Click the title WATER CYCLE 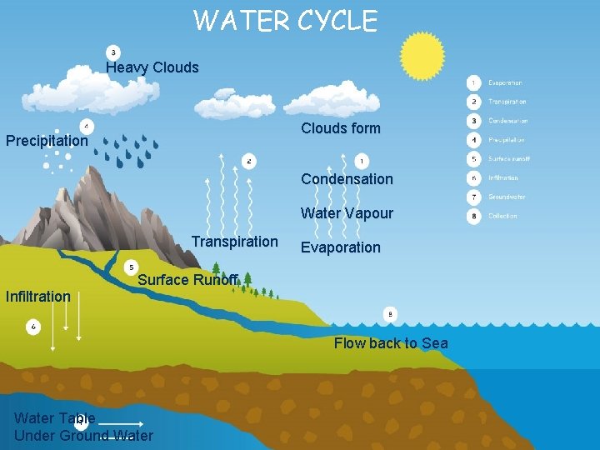[x=285, y=20]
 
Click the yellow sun [x=422, y=56]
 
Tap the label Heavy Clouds [x=152, y=67]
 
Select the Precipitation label [x=47, y=141]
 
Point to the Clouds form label [x=340, y=128]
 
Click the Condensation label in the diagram [x=347, y=179]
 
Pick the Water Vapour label [x=347, y=213]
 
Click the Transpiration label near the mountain [x=234, y=242]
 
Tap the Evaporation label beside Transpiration [x=340, y=247]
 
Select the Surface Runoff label [x=187, y=280]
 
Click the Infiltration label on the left [x=37, y=296]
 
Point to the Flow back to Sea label [x=391, y=343]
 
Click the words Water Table [x=54, y=417]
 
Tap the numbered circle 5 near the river [x=131, y=267]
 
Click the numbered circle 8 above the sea [x=390, y=314]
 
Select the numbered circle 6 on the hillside [x=33, y=327]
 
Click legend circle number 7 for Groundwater [x=473, y=197]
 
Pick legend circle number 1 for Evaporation [x=473, y=82]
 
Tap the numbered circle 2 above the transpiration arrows [x=248, y=160]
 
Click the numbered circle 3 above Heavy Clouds [x=114, y=52]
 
